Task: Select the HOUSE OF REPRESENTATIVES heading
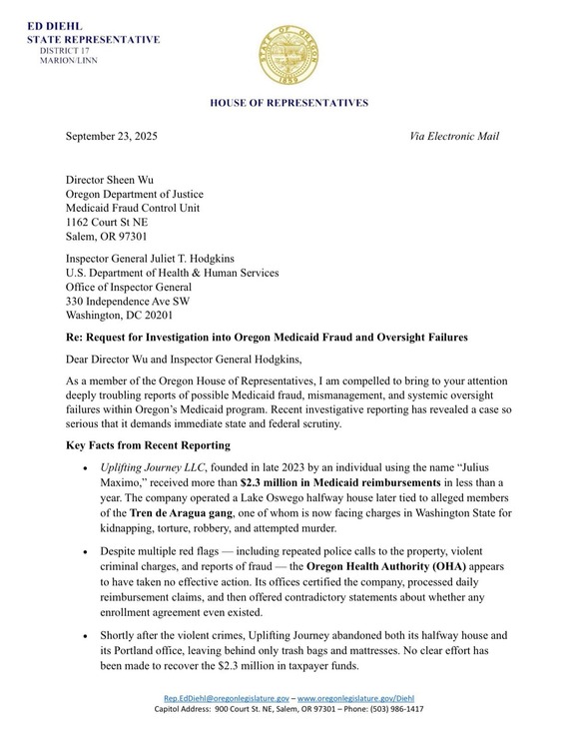click(x=289, y=103)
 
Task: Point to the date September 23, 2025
click(x=111, y=136)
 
